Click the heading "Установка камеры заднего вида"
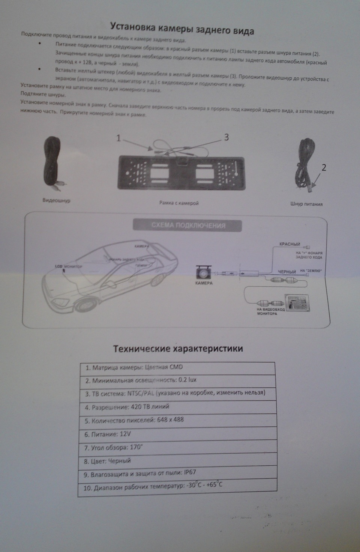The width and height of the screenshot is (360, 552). pyautogui.click(x=182, y=28)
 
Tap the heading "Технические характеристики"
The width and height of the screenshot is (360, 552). pyautogui.click(x=178, y=349)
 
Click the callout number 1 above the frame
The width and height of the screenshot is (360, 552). pyautogui.click(x=118, y=138)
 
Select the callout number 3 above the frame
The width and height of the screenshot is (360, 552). pyautogui.click(x=226, y=137)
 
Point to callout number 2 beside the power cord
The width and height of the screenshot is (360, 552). pyautogui.click(x=324, y=167)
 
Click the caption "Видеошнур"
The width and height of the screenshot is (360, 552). pyautogui.click(x=56, y=200)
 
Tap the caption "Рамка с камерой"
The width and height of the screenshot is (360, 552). pyautogui.click(x=179, y=203)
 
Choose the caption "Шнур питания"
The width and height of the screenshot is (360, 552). pyautogui.click(x=306, y=204)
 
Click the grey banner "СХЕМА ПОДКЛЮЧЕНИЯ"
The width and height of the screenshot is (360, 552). pyautogui.click(x=188, y=226)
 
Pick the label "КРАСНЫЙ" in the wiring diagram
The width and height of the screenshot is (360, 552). pyautogui.click(x=289, y=244)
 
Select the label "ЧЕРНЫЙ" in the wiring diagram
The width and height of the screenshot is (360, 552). pyautogui.click(x=287, y=272)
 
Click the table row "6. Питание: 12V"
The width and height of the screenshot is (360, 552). pyautogui.click(x=178, y=434)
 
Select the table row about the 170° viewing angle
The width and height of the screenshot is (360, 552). pyautogui.click(x=178, y=448)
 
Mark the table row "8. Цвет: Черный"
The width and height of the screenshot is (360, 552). pyautogui.click(x=178, y=461)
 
